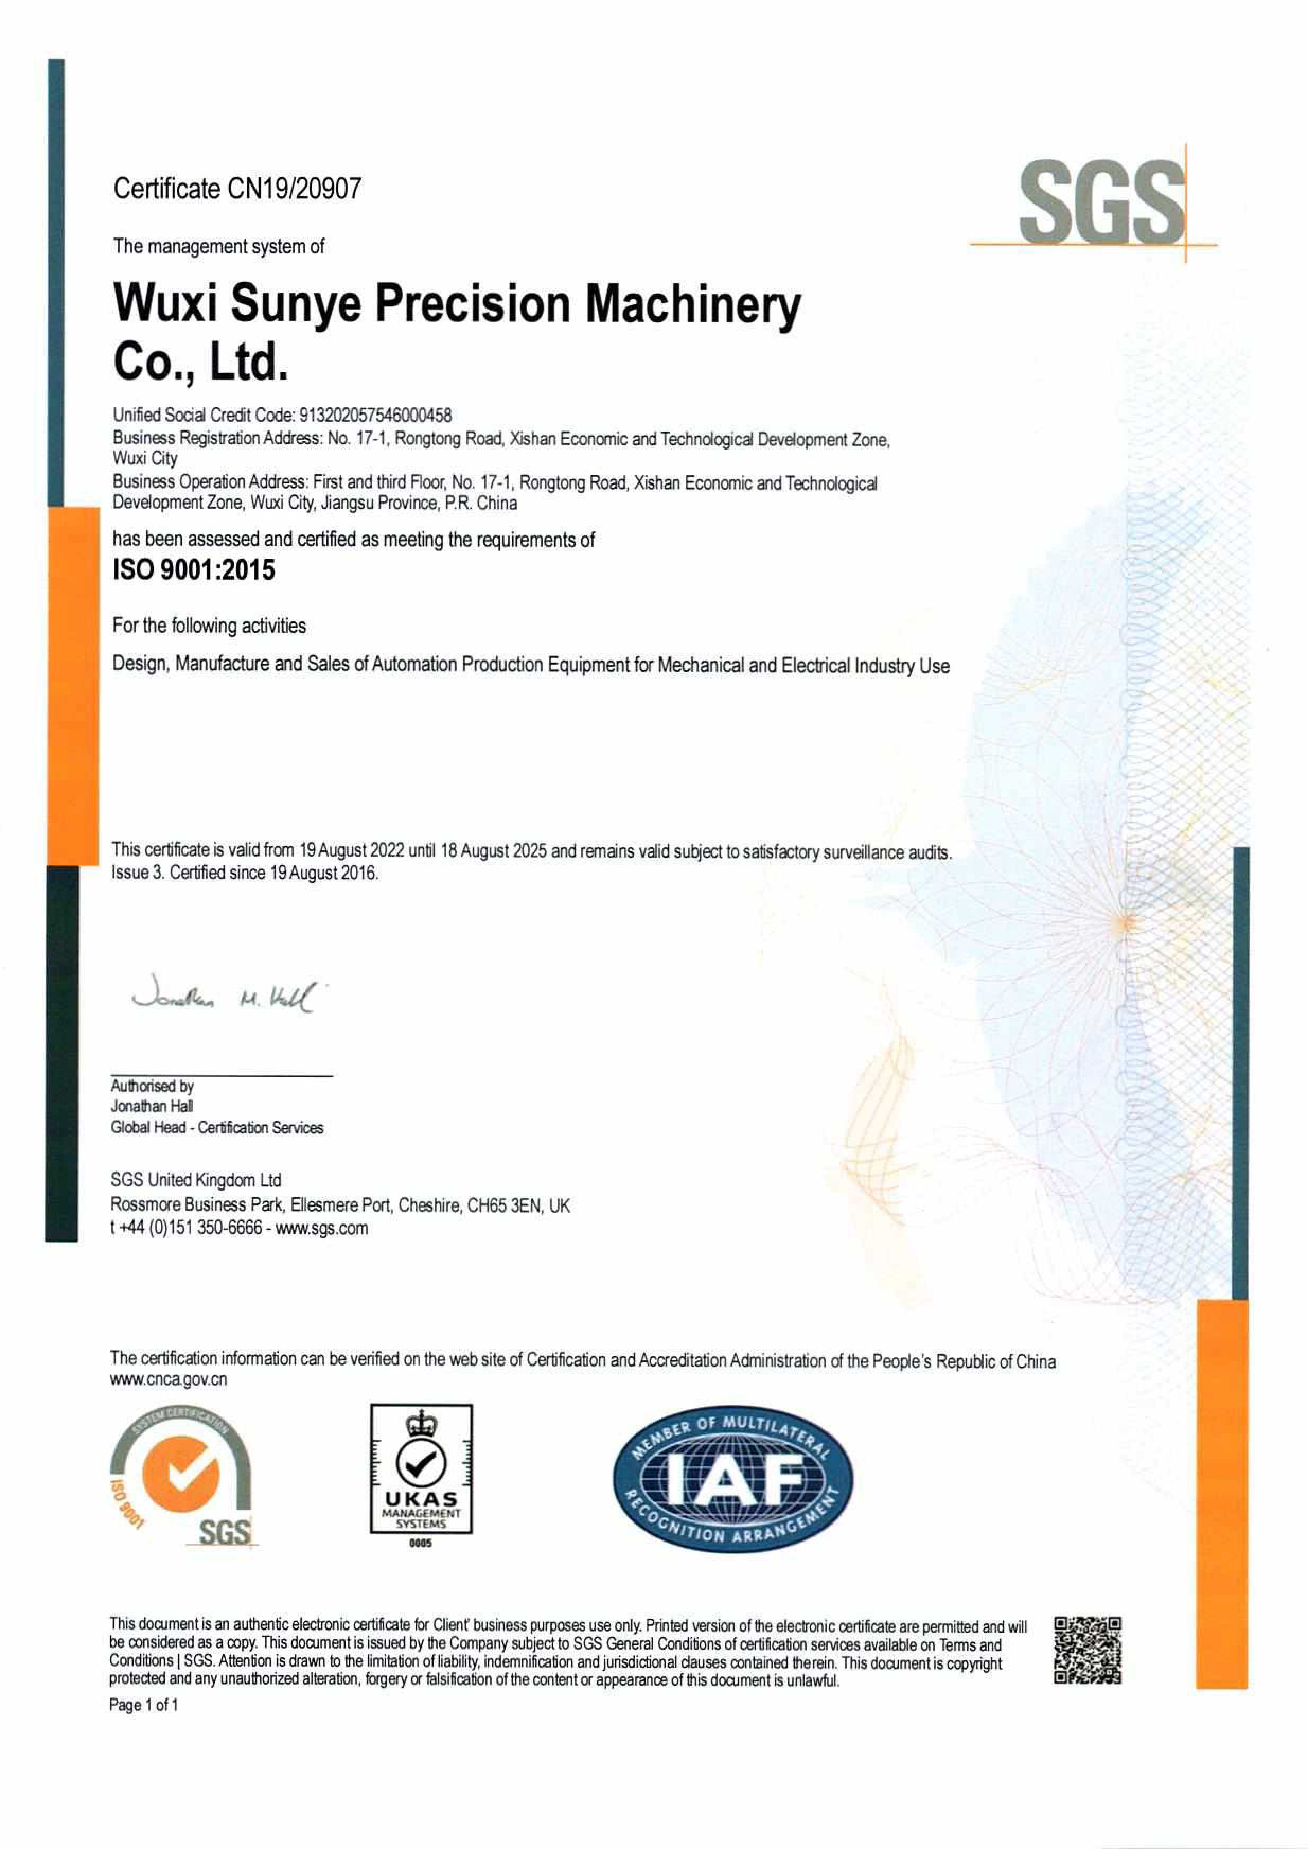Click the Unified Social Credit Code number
tap(375, 416)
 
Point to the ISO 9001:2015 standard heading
tap(193, 570)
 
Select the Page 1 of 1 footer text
tap(144, 1705)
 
